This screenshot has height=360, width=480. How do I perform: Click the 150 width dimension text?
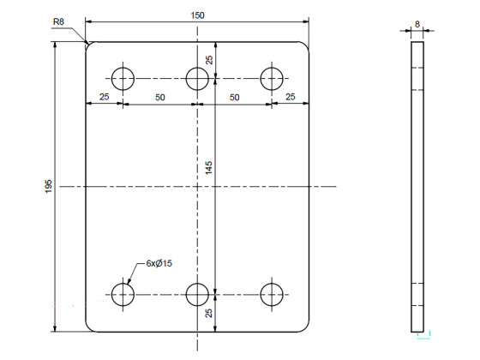pyautogui.click(x=197, y=15)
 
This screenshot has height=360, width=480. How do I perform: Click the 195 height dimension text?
pyautogui.click(x=49, y=187)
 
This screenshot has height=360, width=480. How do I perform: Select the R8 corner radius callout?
pyautogui.click(x=58, y=21)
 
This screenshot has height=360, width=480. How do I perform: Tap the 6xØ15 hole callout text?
pyautogui.click(x=159, y=263)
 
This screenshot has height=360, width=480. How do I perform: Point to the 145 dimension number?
pyautogui.click(x=208, y=168)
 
